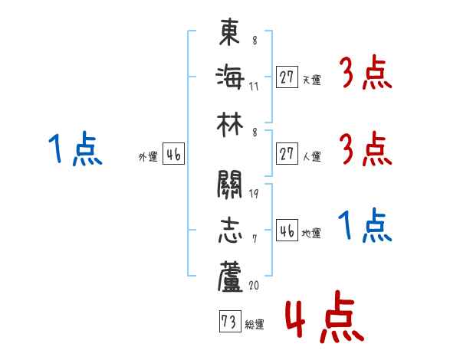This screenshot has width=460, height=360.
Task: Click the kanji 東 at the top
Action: click(230, 33)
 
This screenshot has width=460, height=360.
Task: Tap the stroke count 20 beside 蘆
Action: click(254, 284)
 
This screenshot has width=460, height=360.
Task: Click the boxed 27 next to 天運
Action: click(286, 77)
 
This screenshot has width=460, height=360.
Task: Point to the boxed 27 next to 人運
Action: click(286, 154)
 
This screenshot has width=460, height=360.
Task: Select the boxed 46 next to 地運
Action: click(286, 231)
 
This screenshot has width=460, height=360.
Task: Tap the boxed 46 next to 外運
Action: click(172, 154)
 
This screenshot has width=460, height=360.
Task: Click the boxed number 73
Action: click(228, 322)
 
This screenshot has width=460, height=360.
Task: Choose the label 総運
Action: click(254, 325)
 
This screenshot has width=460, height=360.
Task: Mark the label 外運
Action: click(148, 156)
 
